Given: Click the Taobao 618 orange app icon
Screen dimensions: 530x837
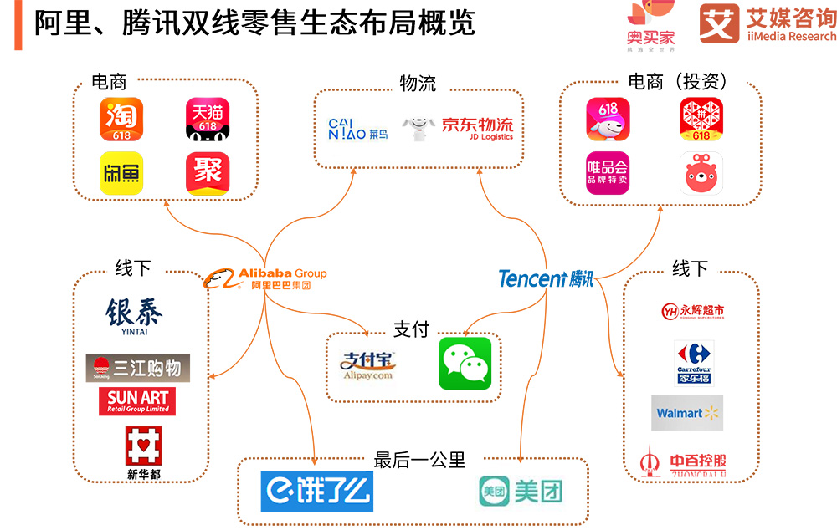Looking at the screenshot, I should (x=121, y=120).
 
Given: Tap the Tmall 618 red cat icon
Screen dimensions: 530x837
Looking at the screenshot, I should (x=207, y=120).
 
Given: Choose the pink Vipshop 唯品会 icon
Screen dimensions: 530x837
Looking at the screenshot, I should (x=607, y=173).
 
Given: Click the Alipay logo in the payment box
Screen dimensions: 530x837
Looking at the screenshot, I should (x=367, y=365).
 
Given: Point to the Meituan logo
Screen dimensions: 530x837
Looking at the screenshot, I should (x=520, y=492).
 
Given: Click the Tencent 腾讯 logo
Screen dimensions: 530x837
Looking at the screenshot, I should (x=546, y=278).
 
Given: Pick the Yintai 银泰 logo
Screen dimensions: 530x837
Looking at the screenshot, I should (x=134, y=317).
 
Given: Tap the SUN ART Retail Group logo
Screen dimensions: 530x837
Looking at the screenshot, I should (x=138, y=400).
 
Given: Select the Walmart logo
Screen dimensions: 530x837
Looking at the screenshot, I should (x=686, y=413).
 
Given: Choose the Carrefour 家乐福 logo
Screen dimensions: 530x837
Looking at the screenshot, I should (x=693, y=363).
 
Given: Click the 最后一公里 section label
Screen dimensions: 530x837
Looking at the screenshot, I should (x=419, y=460).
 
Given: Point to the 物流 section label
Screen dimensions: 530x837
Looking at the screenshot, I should (x=418, y=84).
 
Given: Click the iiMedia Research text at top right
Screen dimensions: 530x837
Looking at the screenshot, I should (x=788, y=36).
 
